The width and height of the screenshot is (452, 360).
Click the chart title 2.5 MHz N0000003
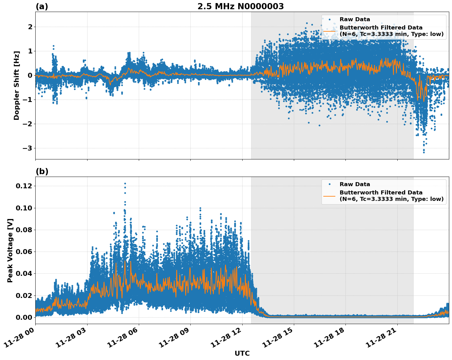240,6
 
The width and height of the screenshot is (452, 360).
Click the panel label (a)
42,6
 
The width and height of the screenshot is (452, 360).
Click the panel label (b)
42,171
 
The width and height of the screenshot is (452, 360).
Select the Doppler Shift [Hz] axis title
17,85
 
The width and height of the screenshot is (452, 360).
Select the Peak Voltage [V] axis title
10,250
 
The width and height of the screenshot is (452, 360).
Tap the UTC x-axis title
242,353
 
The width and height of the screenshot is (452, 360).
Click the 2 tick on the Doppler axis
30,27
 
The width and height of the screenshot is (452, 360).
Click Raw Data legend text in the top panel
355,19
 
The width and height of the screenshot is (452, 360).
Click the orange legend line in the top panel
329,31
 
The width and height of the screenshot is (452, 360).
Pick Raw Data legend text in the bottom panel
355,184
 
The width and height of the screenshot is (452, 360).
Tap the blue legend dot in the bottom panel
329,184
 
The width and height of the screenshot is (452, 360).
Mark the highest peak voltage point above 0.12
125,183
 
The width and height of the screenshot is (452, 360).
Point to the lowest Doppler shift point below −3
424,152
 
